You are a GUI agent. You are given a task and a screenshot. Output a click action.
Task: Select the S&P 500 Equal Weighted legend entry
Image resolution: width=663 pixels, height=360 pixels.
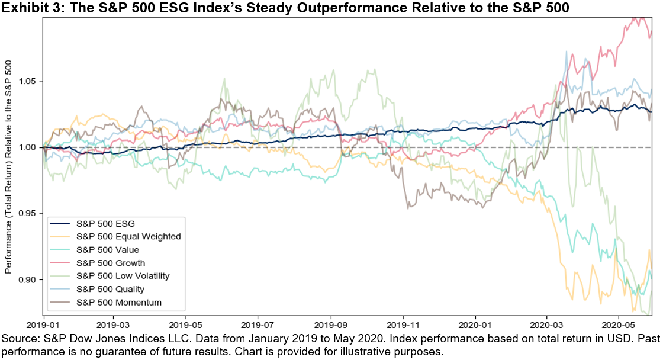(128, 237)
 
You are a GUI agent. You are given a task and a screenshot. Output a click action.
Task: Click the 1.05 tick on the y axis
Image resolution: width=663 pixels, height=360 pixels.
(29, 81)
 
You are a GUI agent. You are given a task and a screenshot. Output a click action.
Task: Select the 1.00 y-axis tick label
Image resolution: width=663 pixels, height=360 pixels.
(29, 147)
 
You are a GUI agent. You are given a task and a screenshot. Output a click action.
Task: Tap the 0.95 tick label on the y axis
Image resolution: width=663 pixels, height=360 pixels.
(29, 213)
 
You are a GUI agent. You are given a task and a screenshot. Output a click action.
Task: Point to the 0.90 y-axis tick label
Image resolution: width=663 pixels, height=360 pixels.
(29, 279)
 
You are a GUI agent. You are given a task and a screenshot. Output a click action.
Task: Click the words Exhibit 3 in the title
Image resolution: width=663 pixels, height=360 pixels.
(25, 7)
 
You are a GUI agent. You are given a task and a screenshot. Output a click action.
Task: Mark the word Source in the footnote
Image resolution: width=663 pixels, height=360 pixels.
(18, 339)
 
